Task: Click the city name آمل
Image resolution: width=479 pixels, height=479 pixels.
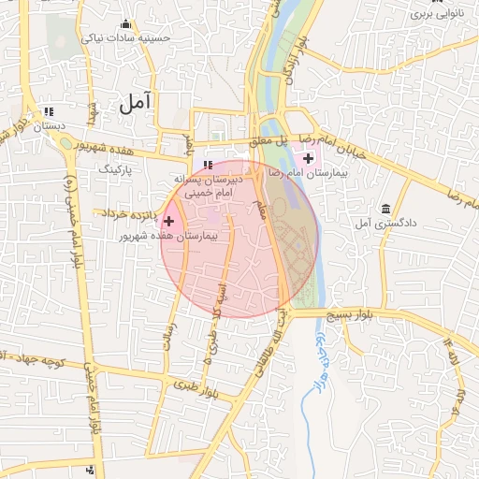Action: pos(137,103)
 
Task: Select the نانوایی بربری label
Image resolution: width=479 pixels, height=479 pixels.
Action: pos(437,16)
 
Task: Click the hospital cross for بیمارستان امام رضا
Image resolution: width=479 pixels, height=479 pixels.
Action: pos(309,158)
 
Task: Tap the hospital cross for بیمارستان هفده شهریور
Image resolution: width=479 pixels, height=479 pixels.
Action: pos(168,221)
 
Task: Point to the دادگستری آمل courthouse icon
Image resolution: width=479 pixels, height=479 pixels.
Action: pos(385,208)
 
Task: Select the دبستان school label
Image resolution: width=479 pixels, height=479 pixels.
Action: pos(51,125)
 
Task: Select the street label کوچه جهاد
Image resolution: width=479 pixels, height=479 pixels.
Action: pos(41,360)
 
